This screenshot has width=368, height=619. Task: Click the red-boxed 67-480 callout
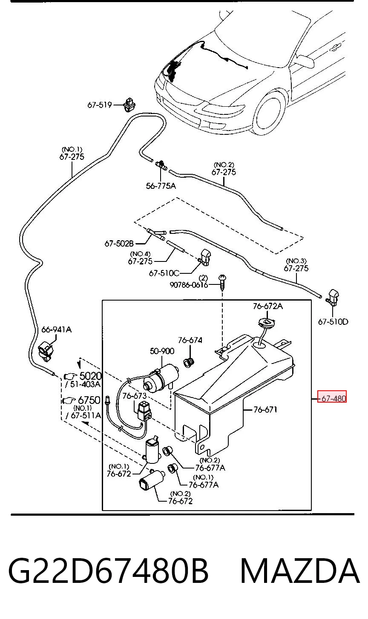332,398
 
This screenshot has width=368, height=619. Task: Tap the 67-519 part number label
99,105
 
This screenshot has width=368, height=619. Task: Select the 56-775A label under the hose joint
161,186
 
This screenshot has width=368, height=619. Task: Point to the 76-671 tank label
265,409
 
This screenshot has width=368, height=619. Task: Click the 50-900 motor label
162,351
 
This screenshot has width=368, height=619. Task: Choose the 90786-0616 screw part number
189,285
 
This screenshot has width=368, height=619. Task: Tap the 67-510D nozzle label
333,322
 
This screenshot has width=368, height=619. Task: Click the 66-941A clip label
57,329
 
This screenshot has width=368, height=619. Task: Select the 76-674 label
190,340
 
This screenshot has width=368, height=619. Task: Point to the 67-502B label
119,244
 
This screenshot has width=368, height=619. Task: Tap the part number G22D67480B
108,571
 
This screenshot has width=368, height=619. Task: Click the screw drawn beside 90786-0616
222,282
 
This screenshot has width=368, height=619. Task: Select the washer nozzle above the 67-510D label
333,298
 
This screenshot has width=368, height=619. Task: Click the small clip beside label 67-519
129,105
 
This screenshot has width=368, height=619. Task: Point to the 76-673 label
134,396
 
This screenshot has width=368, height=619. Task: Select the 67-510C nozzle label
164,273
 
